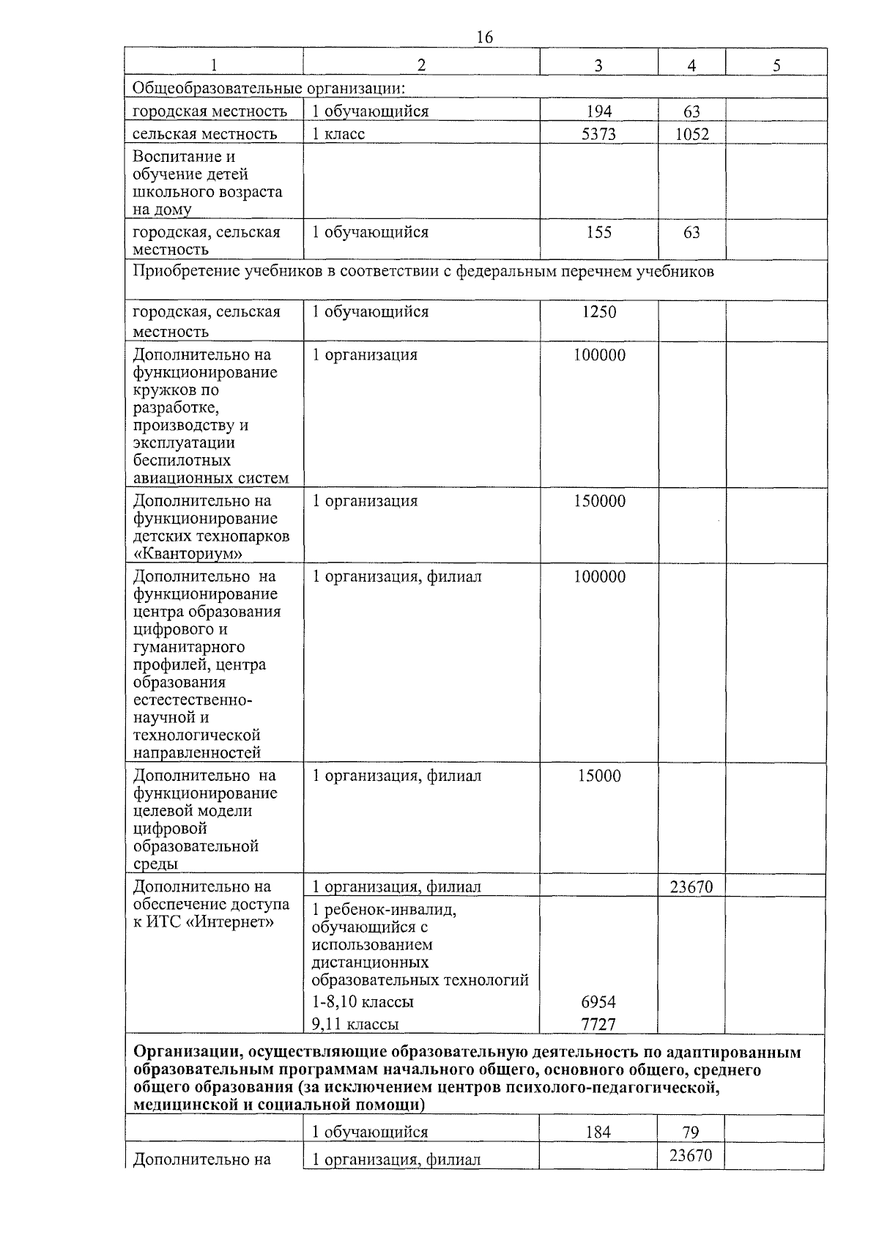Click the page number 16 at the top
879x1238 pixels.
point(484,37)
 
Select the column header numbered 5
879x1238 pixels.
point(776,65)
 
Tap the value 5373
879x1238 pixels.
point(598,134)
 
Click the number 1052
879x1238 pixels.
point(691,135)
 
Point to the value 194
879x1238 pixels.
point(598,112)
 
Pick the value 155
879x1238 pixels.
point(598,233)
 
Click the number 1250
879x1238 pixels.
point(598,312)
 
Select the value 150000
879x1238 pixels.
point(598,502)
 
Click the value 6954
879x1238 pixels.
point(598,1002)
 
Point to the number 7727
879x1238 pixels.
point(598,1024)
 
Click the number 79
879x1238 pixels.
point(691,1133)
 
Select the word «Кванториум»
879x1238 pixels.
point(188,554)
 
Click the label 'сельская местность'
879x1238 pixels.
point(205,134)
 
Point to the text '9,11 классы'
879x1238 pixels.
point(355,1024)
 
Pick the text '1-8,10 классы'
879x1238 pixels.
point(363,1002)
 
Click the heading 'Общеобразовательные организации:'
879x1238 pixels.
point(269,89)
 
